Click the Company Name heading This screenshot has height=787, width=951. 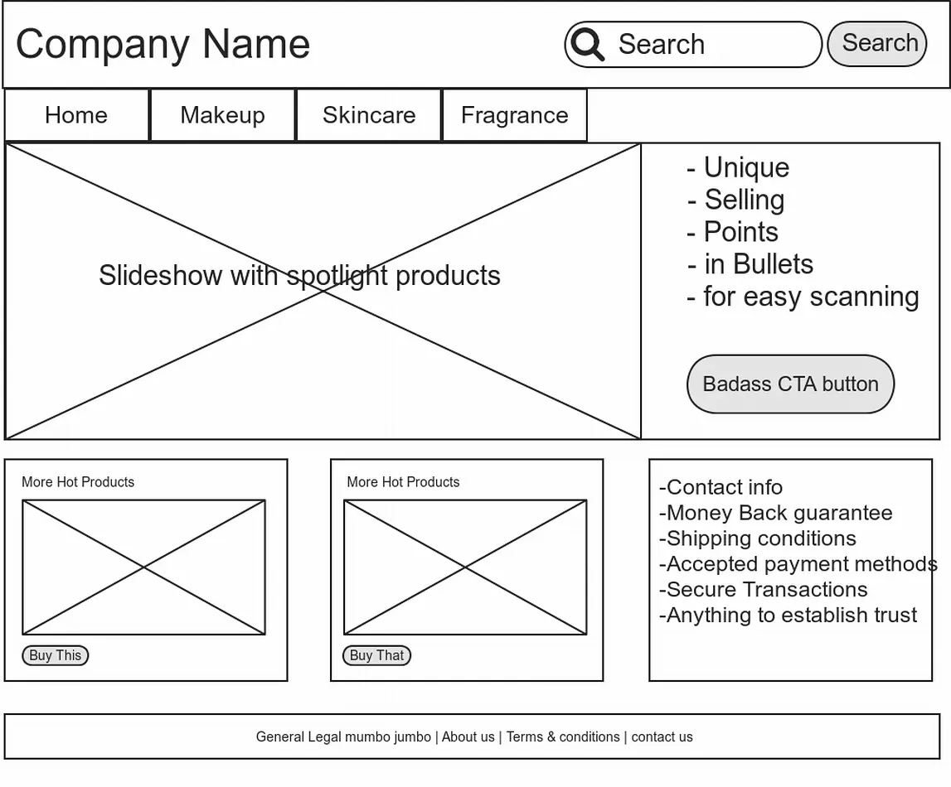163,44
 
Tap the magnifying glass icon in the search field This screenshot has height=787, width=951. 587,44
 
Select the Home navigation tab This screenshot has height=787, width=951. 76,115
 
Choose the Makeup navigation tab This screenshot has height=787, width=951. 222,115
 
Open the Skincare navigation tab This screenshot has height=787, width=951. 369,115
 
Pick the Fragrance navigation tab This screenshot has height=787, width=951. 515,115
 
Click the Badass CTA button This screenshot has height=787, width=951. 790,384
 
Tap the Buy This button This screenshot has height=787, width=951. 56,655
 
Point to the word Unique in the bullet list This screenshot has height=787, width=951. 746,168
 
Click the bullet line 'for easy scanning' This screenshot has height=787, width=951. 803,297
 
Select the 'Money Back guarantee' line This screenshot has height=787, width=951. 776,513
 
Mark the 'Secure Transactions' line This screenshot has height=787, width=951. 763,589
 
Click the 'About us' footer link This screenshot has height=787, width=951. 468,736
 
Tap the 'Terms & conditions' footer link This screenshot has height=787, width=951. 563,736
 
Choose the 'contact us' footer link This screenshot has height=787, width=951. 662,736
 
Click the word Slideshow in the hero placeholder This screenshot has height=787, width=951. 160,276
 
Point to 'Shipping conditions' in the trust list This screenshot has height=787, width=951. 758,538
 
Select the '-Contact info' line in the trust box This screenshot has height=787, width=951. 721,487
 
